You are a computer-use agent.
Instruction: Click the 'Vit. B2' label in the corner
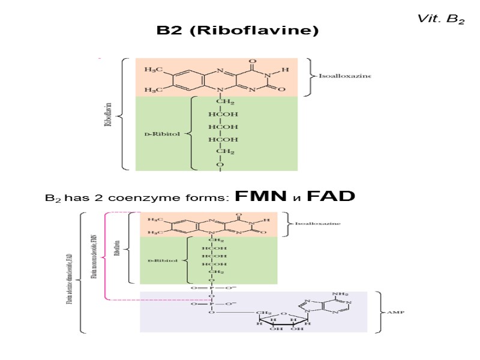(x=441, y=19)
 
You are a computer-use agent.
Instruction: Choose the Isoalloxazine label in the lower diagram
(x=317, y=223)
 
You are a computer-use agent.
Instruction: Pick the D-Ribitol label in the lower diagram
(x=163, y=261)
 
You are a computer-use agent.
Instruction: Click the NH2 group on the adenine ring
(x=340, y=294)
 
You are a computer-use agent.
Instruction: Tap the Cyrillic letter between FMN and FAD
(x=296, y=198)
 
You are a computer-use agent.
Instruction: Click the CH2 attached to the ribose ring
(x=264, y=313)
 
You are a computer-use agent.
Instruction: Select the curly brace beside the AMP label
(x=379, y=312)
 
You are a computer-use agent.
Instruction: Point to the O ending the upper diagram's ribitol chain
(x=220, y=164)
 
